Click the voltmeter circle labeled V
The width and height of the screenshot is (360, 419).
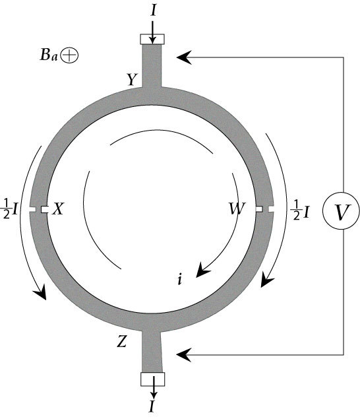click(342, 210)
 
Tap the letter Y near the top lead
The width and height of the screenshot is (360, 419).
click(132, 79)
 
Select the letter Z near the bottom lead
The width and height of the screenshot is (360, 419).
click(122, 341)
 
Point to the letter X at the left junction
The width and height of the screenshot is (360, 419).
click(58, 209)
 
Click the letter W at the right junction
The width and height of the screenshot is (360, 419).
click(237, 209)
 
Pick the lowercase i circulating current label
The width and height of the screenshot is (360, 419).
click(180, 279)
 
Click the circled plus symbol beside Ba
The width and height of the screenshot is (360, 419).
click(69, 55)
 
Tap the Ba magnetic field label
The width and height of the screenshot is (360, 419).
click(49, 55)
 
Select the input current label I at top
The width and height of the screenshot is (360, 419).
click(153, 10)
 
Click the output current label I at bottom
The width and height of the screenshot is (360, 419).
click(152, 406)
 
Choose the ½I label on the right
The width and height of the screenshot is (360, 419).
click(300, 211)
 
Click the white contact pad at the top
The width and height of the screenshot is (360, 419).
click(152, 39)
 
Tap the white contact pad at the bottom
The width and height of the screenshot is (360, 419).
click(152, 379)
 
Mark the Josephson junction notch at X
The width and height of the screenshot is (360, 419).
click(38, 210)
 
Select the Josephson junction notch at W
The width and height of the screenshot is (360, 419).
click(264, 209)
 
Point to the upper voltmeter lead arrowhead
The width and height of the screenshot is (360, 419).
click(184, 57)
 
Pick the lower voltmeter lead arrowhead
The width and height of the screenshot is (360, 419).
click(184, 355)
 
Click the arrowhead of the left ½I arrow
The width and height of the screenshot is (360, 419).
click(40, 292)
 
